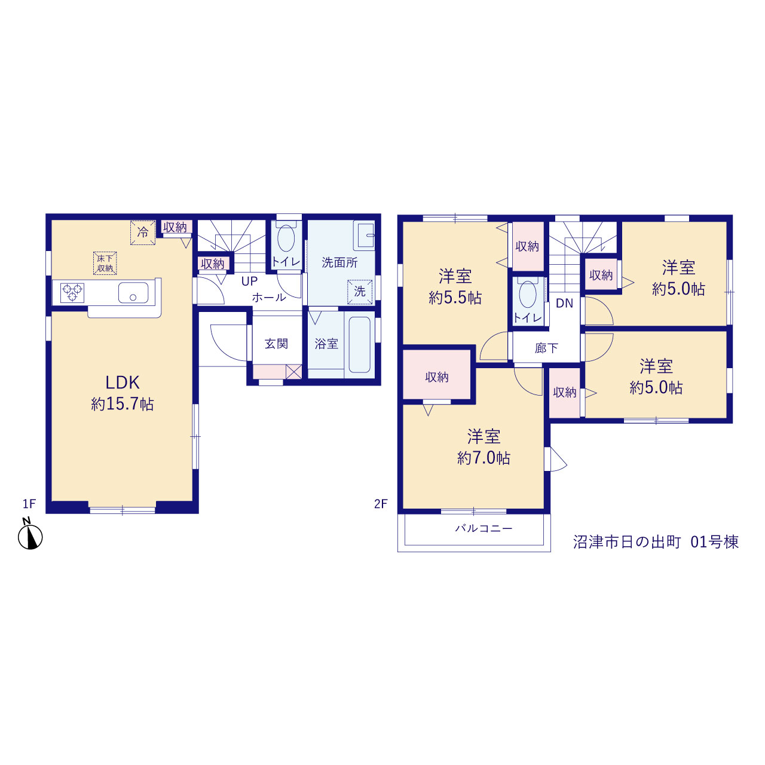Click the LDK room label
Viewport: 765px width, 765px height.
(x=123, y=382)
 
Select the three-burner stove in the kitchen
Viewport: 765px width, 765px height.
(x=72, y=293)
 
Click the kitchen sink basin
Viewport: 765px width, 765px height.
(x=133, y=293)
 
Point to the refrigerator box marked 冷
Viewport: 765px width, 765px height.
(x=142, y=232)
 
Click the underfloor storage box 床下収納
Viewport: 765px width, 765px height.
(x=105, y=263)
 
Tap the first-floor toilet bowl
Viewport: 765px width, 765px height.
(x=286, y=238)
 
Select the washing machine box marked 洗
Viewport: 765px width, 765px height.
(x=360, y=292)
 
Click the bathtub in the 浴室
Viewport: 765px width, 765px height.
(x=360, y=345)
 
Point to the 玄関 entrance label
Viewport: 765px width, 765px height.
(x=276, y=344)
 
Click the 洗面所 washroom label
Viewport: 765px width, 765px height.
(x=340, y=262)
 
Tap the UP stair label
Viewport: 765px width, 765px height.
(x=249, y=281)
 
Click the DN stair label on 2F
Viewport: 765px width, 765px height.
(x=565, y=303)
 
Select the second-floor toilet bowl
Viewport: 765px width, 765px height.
(x=528, y=294)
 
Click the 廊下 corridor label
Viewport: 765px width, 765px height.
(x=547, y=348)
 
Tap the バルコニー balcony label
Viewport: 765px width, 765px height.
(x=484, y=528)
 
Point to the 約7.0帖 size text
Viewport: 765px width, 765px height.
(x=484, y=458)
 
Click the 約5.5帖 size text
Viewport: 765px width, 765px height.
(x=455, y=298)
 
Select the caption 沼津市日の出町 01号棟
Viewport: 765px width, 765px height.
(x=656, y=542)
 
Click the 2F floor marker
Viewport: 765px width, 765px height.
(x=380, y=504)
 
